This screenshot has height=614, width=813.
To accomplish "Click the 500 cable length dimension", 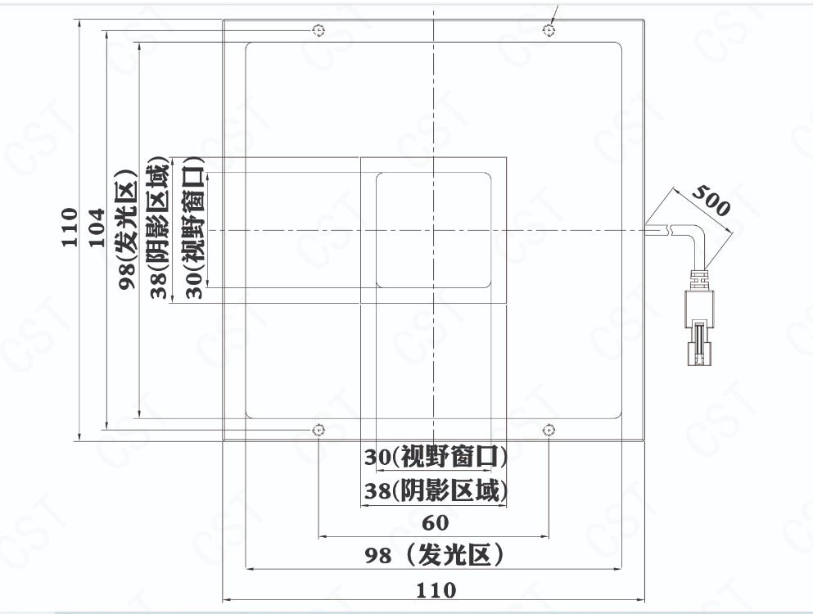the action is tap(711, 201).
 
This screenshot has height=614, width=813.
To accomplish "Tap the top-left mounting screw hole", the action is tap(318, 30).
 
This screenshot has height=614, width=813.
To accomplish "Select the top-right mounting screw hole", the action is tap(549, 30).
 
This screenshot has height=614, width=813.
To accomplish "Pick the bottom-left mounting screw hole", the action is tap(318, 430).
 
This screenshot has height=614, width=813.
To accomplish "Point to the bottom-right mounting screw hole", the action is tap(549, 430).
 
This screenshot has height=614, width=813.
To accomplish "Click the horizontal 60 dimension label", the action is tap(435, 523).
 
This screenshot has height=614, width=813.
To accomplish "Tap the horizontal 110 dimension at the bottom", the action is tap(436, 590).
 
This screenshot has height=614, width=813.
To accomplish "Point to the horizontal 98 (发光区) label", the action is tap(434, 555).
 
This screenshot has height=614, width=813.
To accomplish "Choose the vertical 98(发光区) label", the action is tap(127, 228).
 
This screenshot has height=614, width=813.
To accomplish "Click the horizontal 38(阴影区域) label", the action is tap(435, 490).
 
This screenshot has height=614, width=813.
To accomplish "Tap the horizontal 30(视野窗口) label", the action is tap(435, 457).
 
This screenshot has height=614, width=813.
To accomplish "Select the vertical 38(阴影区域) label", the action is tap(160, 228).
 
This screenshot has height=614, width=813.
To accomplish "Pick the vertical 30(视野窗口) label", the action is tap(195, 228).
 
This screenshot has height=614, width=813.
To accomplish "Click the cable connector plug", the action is tap(699, 327).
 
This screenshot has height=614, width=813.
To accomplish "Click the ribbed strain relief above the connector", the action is tap(699, 279).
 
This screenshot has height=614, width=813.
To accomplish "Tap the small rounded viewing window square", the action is tap(433, 230).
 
